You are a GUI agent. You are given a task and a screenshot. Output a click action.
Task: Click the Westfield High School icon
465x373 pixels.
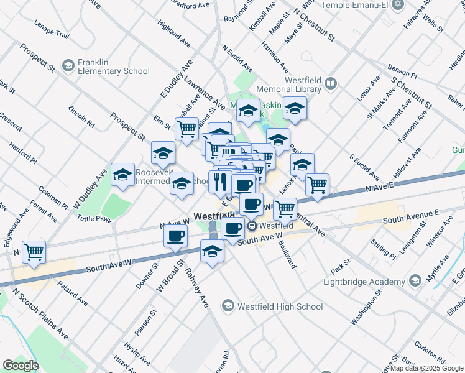(x=229, y=306)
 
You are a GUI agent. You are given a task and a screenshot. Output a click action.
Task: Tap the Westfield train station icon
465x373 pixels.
(x=252, y=226)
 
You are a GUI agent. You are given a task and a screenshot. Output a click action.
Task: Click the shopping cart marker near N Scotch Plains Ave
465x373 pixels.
(x=34, y=252)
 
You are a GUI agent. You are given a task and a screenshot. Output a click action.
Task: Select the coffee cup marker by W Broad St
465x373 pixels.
(x=176, y=236)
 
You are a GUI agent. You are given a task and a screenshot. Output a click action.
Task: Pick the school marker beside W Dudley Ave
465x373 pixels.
(x=123, y=175)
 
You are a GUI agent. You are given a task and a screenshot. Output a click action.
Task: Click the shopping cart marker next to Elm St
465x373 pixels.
(x=186, y=129)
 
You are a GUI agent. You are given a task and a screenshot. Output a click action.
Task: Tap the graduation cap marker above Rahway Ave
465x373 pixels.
(x=212, y=252)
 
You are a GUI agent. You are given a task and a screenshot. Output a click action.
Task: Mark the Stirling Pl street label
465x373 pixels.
(x=383, y=246)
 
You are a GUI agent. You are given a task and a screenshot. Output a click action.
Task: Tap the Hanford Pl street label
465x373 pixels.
(x=24, y=153)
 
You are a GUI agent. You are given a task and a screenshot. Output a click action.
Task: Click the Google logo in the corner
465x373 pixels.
(x=20, y=365)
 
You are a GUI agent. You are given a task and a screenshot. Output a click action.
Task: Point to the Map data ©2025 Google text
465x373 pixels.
(x=426, y=368)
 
